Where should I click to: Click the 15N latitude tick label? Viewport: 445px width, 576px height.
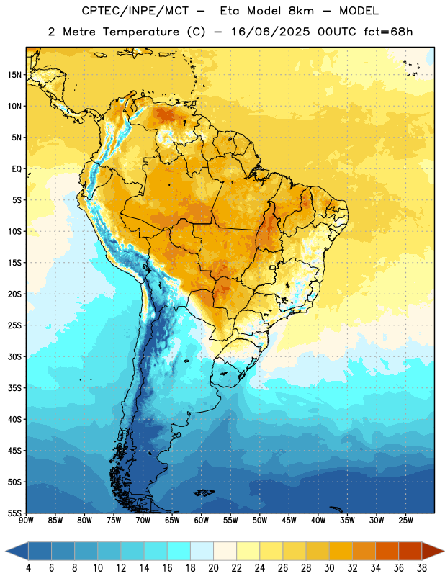pos(14,75)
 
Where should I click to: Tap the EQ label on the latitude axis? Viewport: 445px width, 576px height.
pos(17,169)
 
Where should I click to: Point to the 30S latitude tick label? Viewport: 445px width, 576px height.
pos(14,356)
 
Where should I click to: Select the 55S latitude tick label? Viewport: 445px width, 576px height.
pos(14,513)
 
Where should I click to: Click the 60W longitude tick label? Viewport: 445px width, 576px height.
pos(202,521)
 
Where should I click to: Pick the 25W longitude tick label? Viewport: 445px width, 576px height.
pos(405,521)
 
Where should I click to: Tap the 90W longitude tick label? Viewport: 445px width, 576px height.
pos(26,521)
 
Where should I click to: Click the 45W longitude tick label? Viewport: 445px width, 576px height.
pos(289,521)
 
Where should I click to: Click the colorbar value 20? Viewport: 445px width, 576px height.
pos(213,568)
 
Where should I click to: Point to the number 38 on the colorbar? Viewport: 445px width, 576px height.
pos(422,568)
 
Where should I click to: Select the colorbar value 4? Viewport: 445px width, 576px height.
pos(28,568)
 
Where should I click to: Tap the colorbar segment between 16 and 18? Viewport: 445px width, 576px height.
pos(179,551)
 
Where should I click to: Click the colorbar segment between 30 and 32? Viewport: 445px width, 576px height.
pos(341,551)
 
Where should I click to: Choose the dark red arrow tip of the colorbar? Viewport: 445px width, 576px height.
pos(433,551)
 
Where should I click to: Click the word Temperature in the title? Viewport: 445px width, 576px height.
pos(140,32)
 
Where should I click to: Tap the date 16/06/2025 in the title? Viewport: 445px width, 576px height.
pos(270,32)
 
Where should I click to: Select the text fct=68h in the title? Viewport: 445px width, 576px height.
pos(388,32)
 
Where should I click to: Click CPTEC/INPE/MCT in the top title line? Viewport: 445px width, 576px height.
pos(135,11)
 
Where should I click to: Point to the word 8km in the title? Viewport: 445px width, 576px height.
pos(301,11)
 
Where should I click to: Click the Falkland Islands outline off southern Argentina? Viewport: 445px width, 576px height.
pos(204,492)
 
